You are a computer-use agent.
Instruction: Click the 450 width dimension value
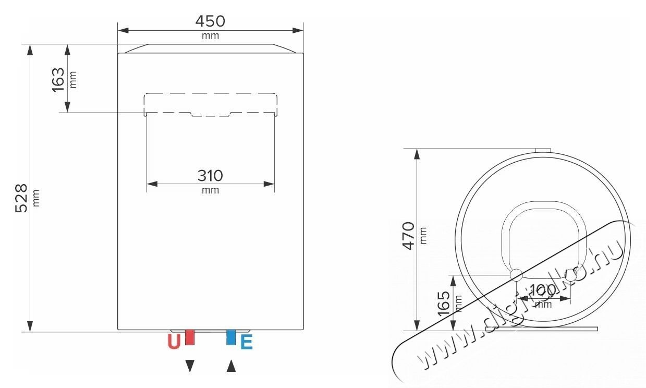210,21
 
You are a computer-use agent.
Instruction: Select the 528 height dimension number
21,198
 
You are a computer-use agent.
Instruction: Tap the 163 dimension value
58,79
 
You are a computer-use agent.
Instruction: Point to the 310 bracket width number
210,176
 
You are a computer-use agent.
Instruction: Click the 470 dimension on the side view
408,236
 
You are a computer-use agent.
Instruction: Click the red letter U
174,342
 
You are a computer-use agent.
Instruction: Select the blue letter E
246,342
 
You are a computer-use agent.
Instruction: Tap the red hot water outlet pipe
190,337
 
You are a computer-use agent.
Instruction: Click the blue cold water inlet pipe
231,337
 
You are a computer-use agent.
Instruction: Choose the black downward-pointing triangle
190,366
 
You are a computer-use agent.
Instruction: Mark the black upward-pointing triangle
231,366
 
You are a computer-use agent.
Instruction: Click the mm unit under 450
210,36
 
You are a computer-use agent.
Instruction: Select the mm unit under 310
210,190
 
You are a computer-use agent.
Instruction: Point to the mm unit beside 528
36,198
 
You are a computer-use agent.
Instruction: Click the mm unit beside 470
423,236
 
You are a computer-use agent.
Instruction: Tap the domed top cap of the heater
210,48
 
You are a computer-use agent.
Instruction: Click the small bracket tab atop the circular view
543,150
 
